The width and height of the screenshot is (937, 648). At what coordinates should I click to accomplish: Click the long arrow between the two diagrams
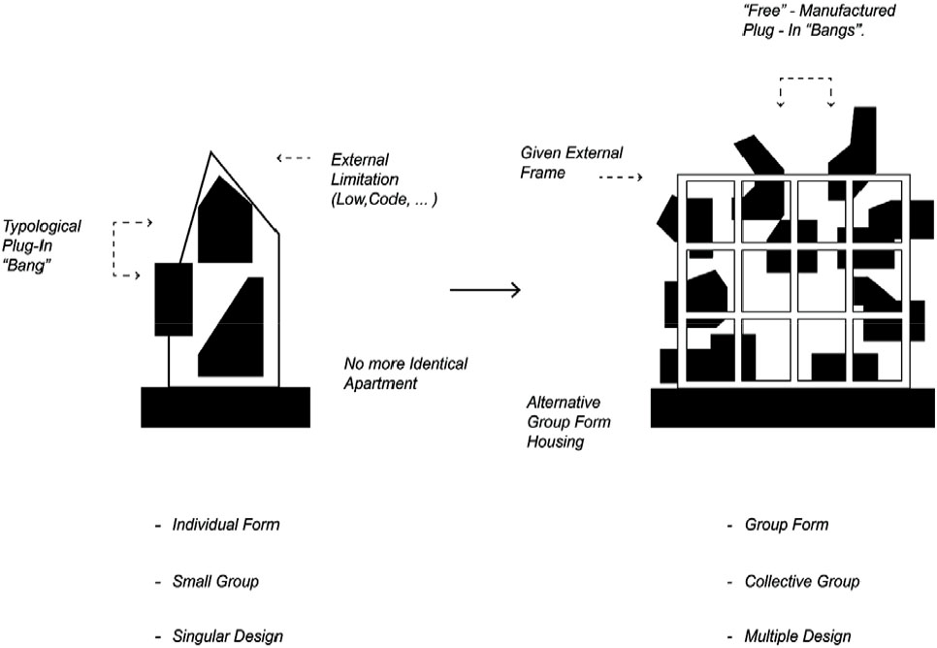(485, 289)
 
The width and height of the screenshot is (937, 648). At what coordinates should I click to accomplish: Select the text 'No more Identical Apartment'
(404, 373)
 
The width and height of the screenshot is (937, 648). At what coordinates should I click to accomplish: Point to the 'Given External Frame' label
(571, 162)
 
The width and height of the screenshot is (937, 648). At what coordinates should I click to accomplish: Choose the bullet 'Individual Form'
(225, 525)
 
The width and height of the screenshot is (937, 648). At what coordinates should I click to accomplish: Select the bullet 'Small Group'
(214, 582)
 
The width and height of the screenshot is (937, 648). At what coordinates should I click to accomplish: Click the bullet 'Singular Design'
(227, 636)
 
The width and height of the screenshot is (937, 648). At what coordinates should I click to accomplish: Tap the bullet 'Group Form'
(786, 525)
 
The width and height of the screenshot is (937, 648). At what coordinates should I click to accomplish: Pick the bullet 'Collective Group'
(801, 582)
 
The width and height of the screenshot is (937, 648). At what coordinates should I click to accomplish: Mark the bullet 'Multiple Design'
(797, 636)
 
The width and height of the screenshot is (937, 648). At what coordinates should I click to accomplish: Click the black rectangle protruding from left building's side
(173, 298)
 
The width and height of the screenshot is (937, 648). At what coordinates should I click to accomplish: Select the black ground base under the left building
(226, 406)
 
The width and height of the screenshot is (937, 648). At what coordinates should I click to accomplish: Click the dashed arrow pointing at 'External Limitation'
(293, 156)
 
